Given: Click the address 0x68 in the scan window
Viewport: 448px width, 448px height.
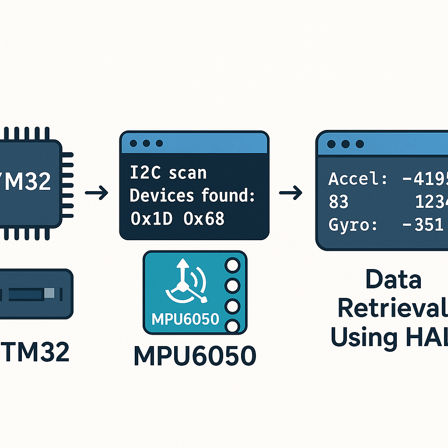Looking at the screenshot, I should coord(204,218).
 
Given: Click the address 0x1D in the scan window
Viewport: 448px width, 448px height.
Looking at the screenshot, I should coord(152,218).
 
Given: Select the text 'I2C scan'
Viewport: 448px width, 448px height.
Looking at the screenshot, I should coord(168,173).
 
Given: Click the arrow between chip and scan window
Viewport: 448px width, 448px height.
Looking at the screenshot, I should coord(97,192).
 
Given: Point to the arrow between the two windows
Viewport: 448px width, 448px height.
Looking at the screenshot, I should coord(290,192).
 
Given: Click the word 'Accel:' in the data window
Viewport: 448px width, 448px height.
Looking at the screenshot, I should coord(357,179).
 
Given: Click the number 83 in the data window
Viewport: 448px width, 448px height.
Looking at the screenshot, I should coord(338,202).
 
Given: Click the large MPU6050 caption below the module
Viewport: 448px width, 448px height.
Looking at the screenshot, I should coord(195,357).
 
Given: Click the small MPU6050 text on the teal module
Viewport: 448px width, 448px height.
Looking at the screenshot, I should coord(185,318).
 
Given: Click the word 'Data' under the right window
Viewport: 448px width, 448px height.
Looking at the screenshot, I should coord(393,280).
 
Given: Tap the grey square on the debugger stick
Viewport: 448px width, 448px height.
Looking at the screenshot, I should coord(49,293).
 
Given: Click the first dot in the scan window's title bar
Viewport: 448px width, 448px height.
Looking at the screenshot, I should coord(133,143).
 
